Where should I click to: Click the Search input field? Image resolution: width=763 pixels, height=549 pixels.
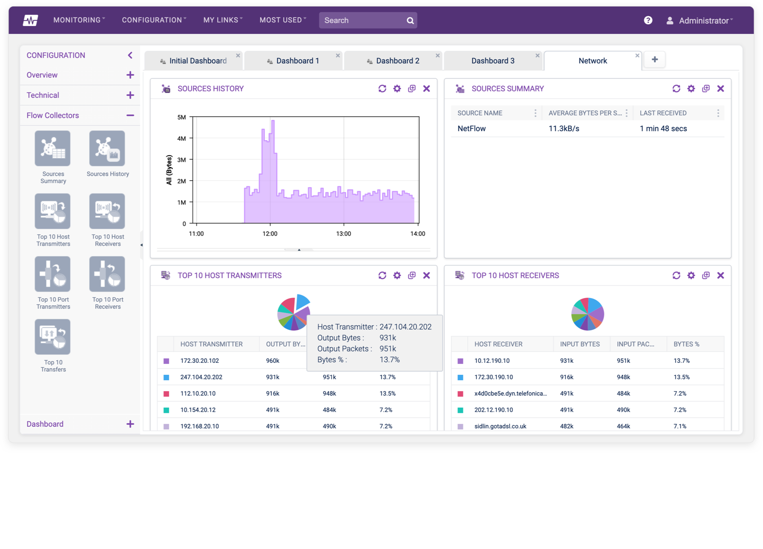tap(363, 20)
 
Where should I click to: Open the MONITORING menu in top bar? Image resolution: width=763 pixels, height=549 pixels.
tap(79, 20)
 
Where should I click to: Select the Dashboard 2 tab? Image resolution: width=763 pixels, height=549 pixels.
tap(397, 61)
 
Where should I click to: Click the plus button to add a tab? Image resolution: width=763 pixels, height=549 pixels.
tap(654, 60)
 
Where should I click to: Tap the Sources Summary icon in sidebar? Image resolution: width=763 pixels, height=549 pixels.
tap(53, 149)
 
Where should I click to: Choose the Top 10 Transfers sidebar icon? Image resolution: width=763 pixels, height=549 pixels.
tap(53, 337)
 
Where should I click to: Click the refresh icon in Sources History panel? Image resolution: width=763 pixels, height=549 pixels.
tap(382, 89)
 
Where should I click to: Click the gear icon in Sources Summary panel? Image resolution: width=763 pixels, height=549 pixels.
tap(691, 89)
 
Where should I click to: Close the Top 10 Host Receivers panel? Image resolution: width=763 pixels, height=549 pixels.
tap(720, 275)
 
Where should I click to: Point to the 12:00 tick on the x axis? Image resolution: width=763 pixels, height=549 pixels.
tap(270, 234)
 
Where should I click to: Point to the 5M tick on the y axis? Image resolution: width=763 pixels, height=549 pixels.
tap(182, 117)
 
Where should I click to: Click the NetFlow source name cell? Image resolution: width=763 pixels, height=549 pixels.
tap(471, 129)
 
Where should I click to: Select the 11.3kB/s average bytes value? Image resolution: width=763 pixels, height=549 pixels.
tap(564, 129)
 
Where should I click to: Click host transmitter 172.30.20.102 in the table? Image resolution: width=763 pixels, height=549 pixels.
tap(199, 361)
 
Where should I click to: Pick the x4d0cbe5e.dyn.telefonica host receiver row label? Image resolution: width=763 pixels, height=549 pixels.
tap(510, 394)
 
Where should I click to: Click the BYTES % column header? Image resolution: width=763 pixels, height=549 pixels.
tap(686, 344)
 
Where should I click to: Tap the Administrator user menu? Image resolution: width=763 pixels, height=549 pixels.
tap(700, 20)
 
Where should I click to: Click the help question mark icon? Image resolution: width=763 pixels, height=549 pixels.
tap(648, 20)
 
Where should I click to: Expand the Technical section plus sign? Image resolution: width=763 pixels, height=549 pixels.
tap(130, 95)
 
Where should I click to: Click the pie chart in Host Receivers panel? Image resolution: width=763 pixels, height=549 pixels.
tap(587, 314)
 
